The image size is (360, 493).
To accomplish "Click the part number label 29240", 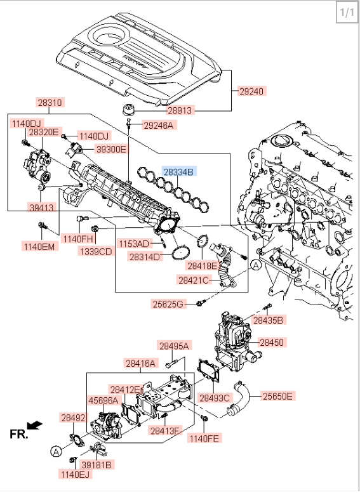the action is point(252,91).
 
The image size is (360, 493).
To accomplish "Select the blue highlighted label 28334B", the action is point(179,172).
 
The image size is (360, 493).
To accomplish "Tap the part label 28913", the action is point(180,110).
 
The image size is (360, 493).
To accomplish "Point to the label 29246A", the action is point(159,126).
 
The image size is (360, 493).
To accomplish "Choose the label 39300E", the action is point(111,149).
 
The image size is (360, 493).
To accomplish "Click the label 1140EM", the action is point(39,246).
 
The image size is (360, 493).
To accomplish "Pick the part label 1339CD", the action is point(96,251).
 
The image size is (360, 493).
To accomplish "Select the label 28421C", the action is point(194,280).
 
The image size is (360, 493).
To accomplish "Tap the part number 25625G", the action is point(168,304).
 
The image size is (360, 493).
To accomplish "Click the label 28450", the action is point(272,342).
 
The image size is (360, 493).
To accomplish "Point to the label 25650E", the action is point(277,396).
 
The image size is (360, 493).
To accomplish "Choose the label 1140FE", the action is point(204,438).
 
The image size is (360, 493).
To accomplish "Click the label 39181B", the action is point(97,464).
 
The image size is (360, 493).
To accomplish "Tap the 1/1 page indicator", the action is point(347,13).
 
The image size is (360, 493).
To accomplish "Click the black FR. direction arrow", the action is point(35,425).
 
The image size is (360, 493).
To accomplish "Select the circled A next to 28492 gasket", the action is point(56,452).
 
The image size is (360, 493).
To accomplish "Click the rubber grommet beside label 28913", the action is point(128,110).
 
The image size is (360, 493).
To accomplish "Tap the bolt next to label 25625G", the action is point(200,303).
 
